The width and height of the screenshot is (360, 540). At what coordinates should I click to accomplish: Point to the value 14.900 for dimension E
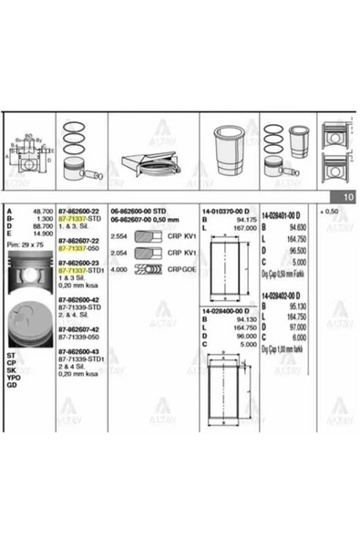click(41, 233)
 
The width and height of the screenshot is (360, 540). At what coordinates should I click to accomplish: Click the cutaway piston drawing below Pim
click(29, 275)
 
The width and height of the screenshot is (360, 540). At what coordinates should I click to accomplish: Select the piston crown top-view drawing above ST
click(29, 323)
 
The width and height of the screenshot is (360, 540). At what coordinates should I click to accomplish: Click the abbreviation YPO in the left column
click(12, 376)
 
